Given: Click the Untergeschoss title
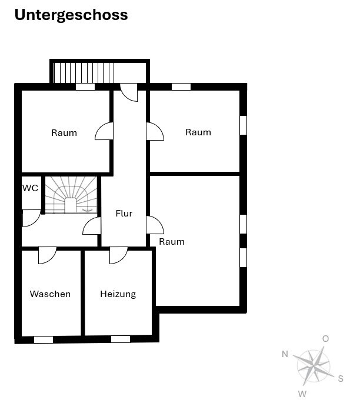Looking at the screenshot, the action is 71,15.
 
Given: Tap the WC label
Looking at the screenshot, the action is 30,188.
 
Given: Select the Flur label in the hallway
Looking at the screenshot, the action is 124,213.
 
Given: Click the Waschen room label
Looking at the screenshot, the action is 50,294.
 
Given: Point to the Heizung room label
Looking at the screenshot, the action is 118,294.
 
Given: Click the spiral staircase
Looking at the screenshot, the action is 71,195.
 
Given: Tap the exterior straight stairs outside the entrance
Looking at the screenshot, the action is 84,73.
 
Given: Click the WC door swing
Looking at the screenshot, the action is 31,218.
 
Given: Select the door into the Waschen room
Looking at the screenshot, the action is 48,255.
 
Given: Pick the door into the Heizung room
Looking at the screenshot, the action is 118,255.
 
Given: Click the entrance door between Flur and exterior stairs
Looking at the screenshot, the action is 129,92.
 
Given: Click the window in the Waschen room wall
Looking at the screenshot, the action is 44,339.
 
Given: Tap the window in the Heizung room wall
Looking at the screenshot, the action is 121,339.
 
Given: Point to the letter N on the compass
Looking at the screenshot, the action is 285,354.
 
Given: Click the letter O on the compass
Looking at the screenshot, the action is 325,338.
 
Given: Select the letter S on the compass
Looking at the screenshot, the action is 341,378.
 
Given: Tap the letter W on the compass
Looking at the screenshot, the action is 302,394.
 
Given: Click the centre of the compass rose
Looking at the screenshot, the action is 314,366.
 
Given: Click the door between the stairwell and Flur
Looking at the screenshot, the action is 92,226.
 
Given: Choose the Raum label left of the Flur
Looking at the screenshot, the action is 64,133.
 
